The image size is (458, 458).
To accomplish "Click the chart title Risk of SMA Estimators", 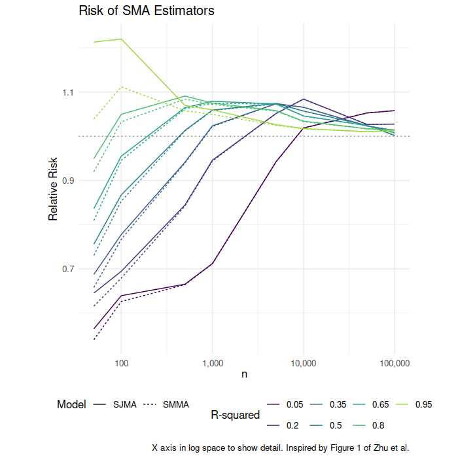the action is (x=147, y=11).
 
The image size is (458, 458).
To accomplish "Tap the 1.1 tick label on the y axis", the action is (x=68, y=93).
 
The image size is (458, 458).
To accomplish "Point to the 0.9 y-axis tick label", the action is (x=68, y=181).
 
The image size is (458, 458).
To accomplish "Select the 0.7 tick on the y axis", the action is (x=68, y=269).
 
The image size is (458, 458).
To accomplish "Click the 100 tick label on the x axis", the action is (x=121, y=363).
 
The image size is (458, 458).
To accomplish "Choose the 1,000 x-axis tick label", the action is (x=213, y=363).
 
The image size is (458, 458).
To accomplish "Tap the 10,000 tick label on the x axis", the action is (x=304, y=363).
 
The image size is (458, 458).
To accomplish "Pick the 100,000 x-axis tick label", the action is (x=395, y=363).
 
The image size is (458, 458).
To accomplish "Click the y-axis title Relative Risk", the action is (x=53, y=189).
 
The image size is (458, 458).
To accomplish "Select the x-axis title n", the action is (x=245, y=374).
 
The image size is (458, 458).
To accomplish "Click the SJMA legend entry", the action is (x=114, y=404).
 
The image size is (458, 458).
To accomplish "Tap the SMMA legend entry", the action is (x=166, y=404).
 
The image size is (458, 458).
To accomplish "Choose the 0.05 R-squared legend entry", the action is (x=285, y=404).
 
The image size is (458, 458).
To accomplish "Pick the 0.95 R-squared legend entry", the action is (x=414, y=404).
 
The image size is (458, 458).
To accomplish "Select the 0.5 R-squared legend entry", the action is (x=326, y=425).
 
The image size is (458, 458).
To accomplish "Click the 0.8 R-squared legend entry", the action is (x=368, y=425).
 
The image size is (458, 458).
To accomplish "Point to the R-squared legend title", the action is (x=235, y=415).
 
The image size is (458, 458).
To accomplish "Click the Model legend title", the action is (x=71, y=404).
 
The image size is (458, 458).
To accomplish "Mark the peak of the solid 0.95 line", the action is (x=121, y=39).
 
